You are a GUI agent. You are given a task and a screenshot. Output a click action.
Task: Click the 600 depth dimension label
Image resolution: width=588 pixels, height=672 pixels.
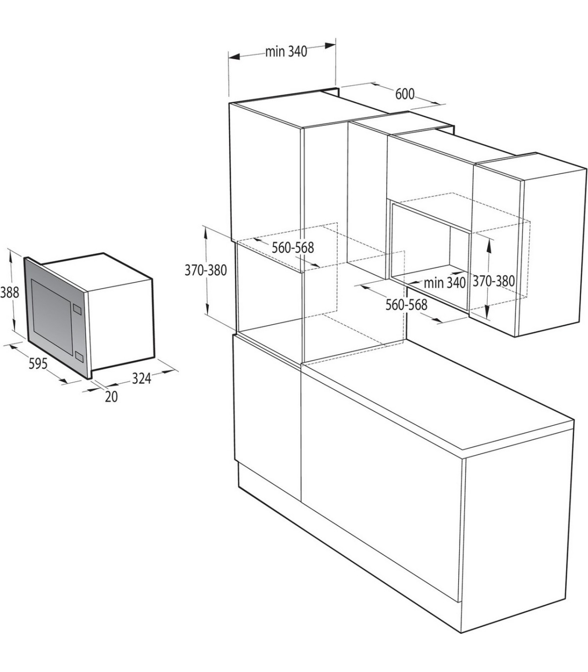pyautogui.click(x=405, y=94)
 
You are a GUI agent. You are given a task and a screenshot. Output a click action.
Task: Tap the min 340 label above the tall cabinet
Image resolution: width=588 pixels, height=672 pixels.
pyautogui.click(x=286, y=51)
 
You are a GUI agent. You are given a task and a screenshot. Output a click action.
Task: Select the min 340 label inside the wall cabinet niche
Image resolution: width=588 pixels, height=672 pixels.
pyautogui.click(x=445, y=283)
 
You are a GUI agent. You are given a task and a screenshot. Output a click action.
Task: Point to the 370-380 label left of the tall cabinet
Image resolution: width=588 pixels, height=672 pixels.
pyautogui.click(x=206, y=270)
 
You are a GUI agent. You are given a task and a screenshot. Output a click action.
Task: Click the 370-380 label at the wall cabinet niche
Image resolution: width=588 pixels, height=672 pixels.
pyautogui.click(x=493, y=281)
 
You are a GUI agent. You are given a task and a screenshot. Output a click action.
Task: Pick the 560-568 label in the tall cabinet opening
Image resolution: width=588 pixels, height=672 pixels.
pyautogui.click(x=293, y=247)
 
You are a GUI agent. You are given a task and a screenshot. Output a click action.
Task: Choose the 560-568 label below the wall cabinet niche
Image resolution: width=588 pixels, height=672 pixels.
pyautogui.click(x=406, y=305)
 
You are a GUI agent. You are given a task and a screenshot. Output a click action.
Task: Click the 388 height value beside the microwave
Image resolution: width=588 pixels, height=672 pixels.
pyautogui.click(x=9, y=292)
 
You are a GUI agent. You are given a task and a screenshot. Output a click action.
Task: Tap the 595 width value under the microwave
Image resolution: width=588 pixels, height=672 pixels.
pyautogui.click(x=38, y=364)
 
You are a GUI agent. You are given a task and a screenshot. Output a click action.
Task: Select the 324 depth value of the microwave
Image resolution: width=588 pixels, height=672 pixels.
pyautogui.click(x=142, y=379)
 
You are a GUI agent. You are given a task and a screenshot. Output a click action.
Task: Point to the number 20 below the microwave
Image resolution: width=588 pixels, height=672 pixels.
pyautogui.click(x=111, y=397)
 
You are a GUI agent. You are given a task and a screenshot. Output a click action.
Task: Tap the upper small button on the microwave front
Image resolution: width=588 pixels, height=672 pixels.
pyautogui.click(x=77, y=309)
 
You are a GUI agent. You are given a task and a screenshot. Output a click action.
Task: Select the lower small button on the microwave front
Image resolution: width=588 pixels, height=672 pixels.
pyautogui.click(x=79, y=357)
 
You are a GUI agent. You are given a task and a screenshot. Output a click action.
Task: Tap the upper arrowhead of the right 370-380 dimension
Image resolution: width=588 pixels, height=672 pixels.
pyautogui.click(x=489, y=244)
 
